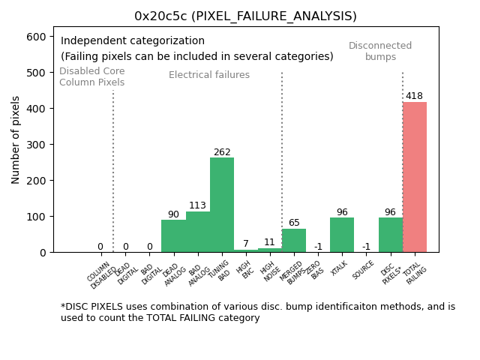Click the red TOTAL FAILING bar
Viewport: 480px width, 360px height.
click(x=415, y=177)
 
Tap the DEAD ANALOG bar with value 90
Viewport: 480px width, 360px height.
click(x=173, y=235)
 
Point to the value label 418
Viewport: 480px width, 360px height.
click(x=414, y=96)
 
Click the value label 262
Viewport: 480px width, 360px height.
click(x=222, y=152)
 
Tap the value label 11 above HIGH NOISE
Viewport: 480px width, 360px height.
click(x=270, y=242)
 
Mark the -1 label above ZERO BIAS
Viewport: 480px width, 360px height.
click(x=318, y=247)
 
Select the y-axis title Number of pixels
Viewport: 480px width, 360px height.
click(x=16, y=139)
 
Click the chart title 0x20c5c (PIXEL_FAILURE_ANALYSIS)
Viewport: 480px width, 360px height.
click(x=245, y=16)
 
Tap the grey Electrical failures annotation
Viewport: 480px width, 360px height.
click(x=209, y=75)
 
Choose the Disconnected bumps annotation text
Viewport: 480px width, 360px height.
click(x=380, y=51)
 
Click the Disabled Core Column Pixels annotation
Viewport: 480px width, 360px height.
click(x=92, y=76)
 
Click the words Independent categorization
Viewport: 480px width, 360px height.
click(x=133, y=41)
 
